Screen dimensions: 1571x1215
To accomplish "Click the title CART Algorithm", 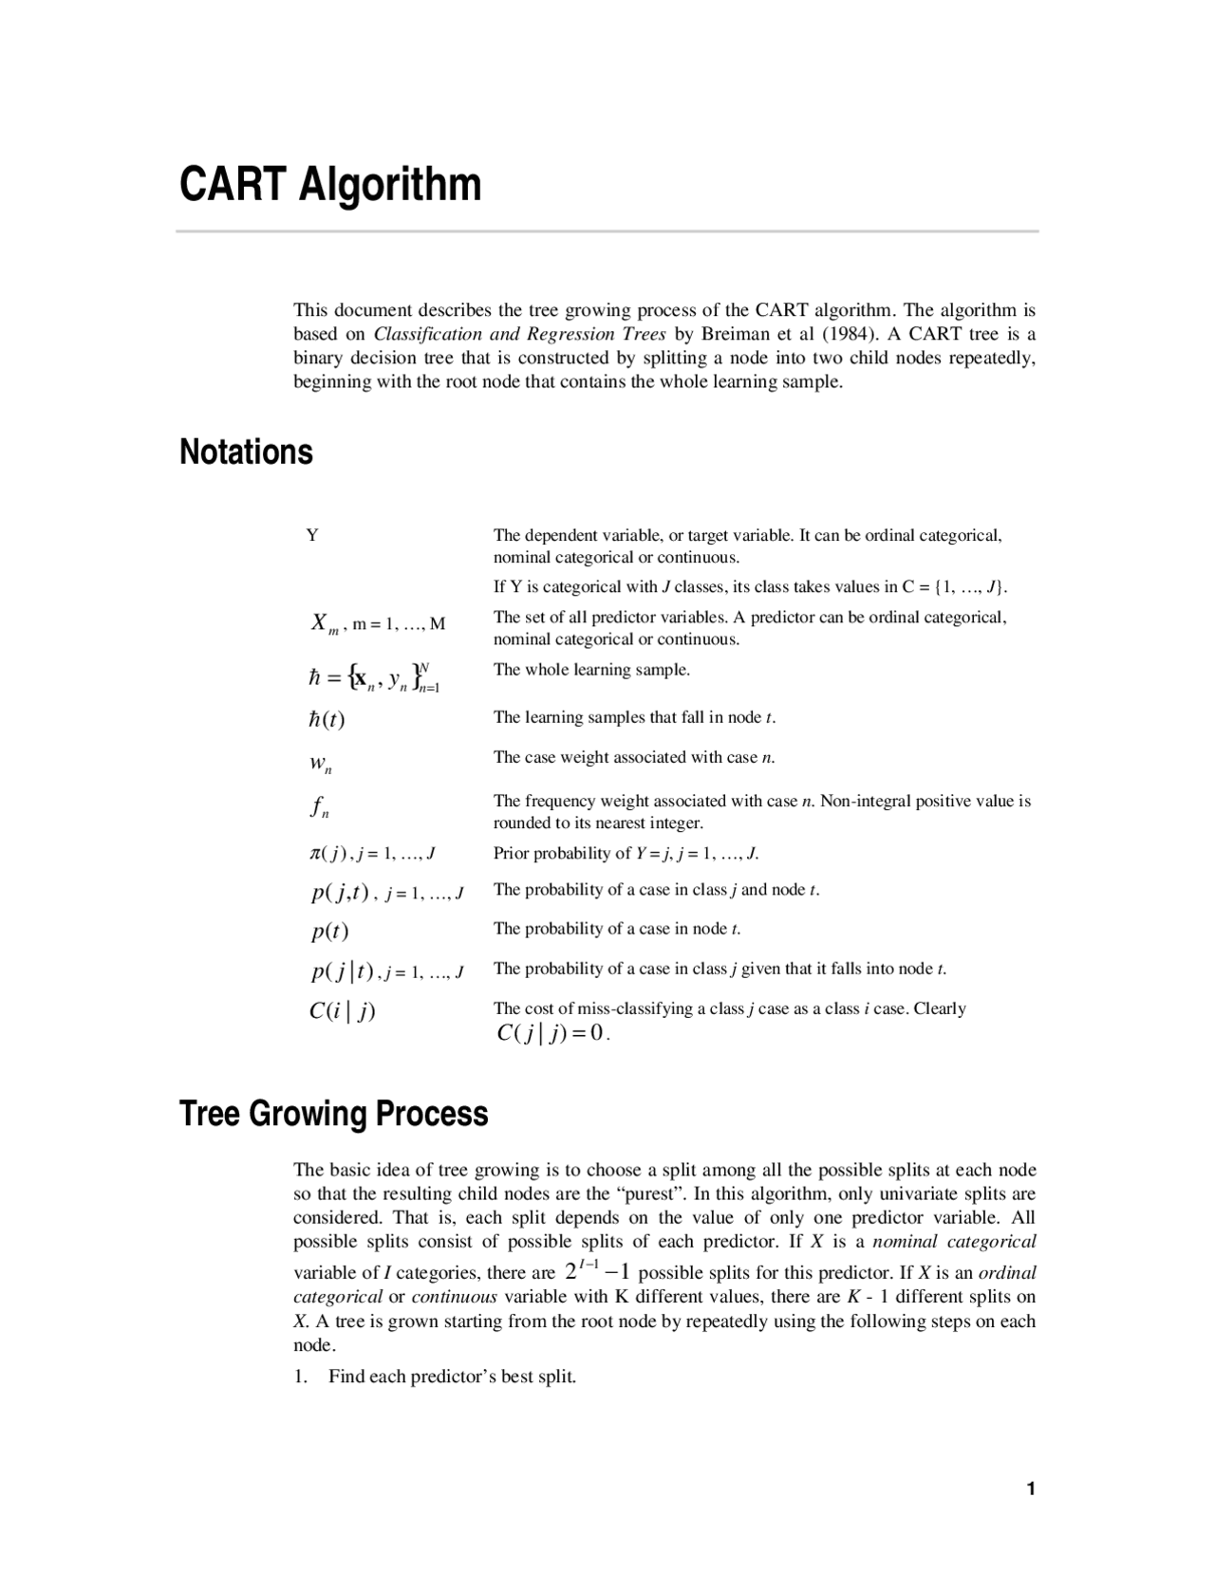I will pos(330,184).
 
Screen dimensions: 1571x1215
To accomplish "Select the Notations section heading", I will pos(246,452).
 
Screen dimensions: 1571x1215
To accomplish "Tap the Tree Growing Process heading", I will pos(333,1113).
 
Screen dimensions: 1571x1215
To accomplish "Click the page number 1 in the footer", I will pos(1030,1488).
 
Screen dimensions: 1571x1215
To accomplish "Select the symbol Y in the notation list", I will pos(312,536).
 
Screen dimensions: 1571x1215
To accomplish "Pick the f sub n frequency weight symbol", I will pos(320,808).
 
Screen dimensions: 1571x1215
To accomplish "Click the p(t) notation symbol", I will pos(329,932).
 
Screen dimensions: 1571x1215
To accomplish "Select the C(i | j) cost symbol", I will pos(342,1011).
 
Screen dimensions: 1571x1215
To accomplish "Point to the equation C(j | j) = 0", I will pos(551,1033).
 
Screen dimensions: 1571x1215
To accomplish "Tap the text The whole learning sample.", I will pos(591,670).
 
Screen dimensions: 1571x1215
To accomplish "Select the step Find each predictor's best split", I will pos(452,1377).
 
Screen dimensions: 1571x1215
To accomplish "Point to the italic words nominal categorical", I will pos(953,1241).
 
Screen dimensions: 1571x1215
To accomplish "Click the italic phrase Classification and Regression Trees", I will pos(520,334).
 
